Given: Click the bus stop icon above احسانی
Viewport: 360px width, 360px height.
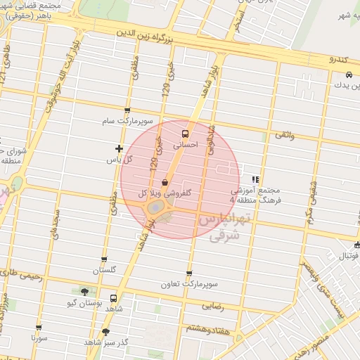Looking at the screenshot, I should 186,133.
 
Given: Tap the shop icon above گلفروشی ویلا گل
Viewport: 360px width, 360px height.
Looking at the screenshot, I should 165,181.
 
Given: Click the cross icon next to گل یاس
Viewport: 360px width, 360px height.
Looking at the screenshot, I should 119,148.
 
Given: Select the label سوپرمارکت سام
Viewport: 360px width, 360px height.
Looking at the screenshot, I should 127,121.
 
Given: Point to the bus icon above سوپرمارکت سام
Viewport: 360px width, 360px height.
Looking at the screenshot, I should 127,110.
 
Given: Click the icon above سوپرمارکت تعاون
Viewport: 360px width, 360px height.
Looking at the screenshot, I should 188,274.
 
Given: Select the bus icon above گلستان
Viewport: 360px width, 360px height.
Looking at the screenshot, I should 104,259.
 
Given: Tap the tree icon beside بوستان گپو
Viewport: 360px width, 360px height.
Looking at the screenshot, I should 85,292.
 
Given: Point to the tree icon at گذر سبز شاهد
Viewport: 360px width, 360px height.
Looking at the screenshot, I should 105,331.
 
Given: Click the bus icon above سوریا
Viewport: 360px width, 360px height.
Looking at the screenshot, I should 39,327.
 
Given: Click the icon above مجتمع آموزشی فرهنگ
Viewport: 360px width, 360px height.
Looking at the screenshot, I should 255,179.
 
